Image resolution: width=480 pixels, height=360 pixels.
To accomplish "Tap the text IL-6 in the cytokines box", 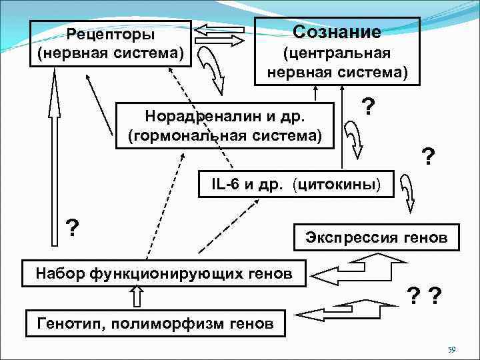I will point(221,184).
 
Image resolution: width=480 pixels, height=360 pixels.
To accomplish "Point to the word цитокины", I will point(343,184).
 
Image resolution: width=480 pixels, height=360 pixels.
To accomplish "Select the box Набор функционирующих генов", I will point(164,272).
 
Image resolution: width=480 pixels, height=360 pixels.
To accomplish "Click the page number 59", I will point(451,349).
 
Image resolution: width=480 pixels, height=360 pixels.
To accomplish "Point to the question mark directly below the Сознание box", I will point(367,105).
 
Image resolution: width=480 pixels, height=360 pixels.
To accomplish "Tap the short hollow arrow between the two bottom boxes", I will point(137,295).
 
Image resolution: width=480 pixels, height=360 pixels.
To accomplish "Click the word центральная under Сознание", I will point(337,53).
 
